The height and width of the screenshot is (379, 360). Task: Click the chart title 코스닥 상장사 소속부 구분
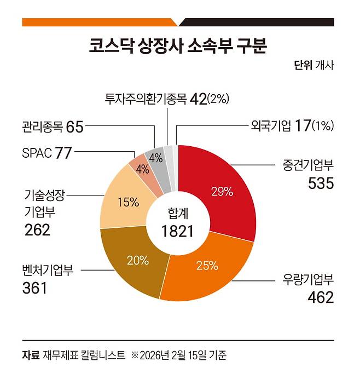point(178,45)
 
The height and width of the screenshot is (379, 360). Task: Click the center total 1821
point(178,231)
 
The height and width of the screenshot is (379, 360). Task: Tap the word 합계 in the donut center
point(178,214)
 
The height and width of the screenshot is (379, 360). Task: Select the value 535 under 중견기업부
point(320,183)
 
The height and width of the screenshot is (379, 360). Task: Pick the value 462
point(320,298)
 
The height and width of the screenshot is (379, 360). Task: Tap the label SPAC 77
point(48,153)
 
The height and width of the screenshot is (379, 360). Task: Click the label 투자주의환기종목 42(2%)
point(167,99)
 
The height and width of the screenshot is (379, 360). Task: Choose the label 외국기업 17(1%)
point(288,127)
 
